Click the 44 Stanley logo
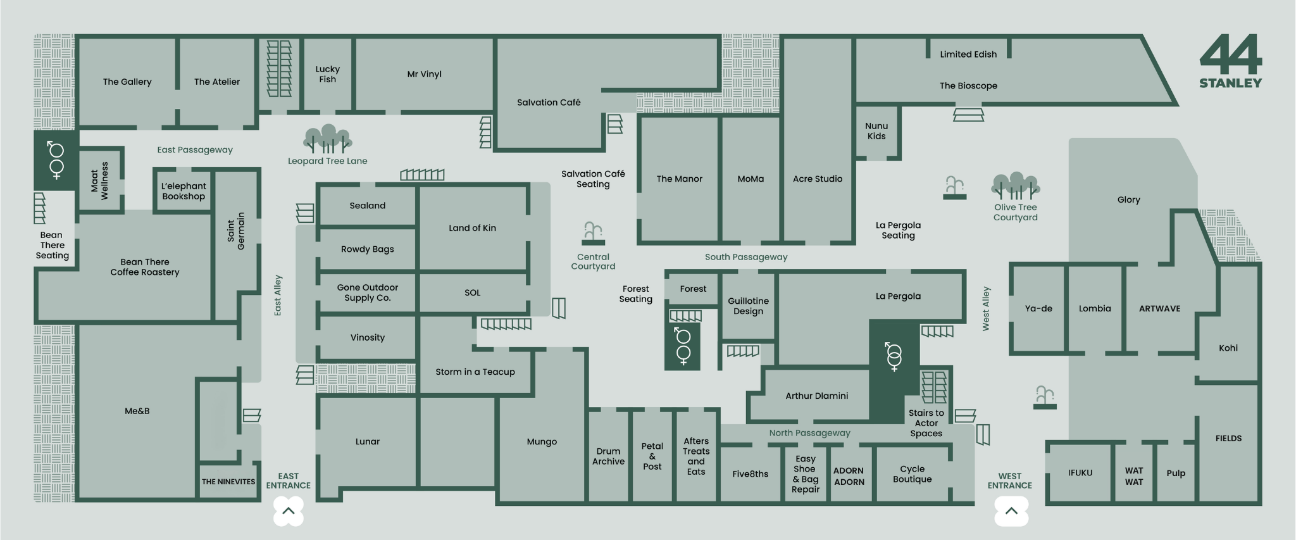pyautogui.click(x=1230, y=61)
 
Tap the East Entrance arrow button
pyautogui.click(x=289, y=510)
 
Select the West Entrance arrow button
pyautogui.click(x=1011, y=511)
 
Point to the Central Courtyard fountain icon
pyautogui.click(x=593, y=233)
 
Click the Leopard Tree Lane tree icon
pyautogui.click(x=327, y=139)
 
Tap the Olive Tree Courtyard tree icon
pyautogui.click(x=1015, y=186)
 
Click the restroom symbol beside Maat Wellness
pyautogui.click(x=56, y=160)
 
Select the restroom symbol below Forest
pyautogui.click(x=682, y=346)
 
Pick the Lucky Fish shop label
pyautogui.click(x=327, y=74)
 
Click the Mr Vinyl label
pyautogui.click(x=424, y=74)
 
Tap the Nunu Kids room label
pyautogui.click(x=876, y=131)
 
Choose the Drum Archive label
pyautogui.click(x=608, y=456)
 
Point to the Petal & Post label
pyautogui.click(x=652, y=456)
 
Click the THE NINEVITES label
pyautogui.click(x=228, y=482)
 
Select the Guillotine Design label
pyautogui.click(x=748, y=306)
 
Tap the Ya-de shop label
pyautogui.click(x=1038, y=308)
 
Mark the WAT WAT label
pyautogui.click(x=1133, y=476)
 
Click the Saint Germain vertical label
pyautogui.click(x=235, y=231)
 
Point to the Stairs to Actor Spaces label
pyautogui.click(x=926, y=423)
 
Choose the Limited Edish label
pyautogui.click(x=968, y=54)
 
